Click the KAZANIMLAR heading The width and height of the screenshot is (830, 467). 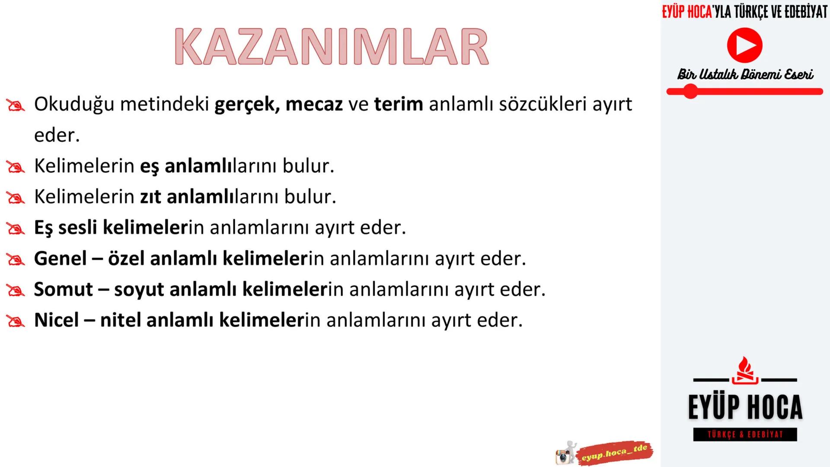coord(332,47)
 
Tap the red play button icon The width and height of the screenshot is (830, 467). coord(744,45)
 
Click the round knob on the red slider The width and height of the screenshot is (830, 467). coord(690,92)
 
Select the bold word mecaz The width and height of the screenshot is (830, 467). coord(314,104)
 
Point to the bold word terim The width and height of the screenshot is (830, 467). coord(398,104)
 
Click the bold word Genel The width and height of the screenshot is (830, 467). coord(61,259)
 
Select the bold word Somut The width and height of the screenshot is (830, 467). coord(63,289)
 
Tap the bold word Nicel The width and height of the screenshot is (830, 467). coord(56,320)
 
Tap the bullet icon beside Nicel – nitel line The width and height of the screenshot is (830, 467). coord(16,321)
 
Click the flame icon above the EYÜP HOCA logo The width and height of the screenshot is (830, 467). coord(744,370)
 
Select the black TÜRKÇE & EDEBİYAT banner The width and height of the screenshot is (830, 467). coord(745,435)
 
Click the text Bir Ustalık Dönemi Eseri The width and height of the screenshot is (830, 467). coord(745,75)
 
